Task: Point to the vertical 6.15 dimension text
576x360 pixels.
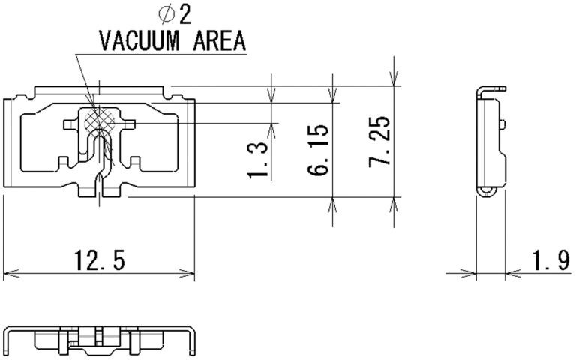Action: (x=319, y=150)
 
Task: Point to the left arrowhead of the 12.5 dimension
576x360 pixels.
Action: (x=7, y=274)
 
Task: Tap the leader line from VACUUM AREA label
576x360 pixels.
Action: (x=85, y=82)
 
